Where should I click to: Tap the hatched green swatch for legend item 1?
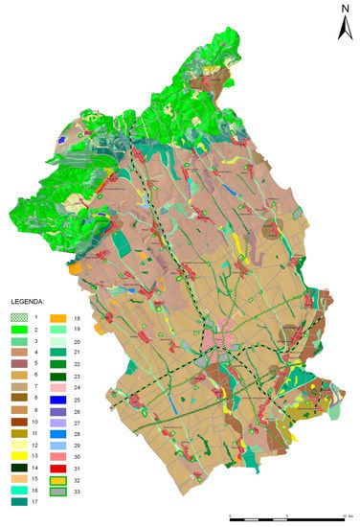[20, 315]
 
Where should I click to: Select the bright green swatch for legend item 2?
[20, 329]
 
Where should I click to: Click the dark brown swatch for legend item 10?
[20, 423]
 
